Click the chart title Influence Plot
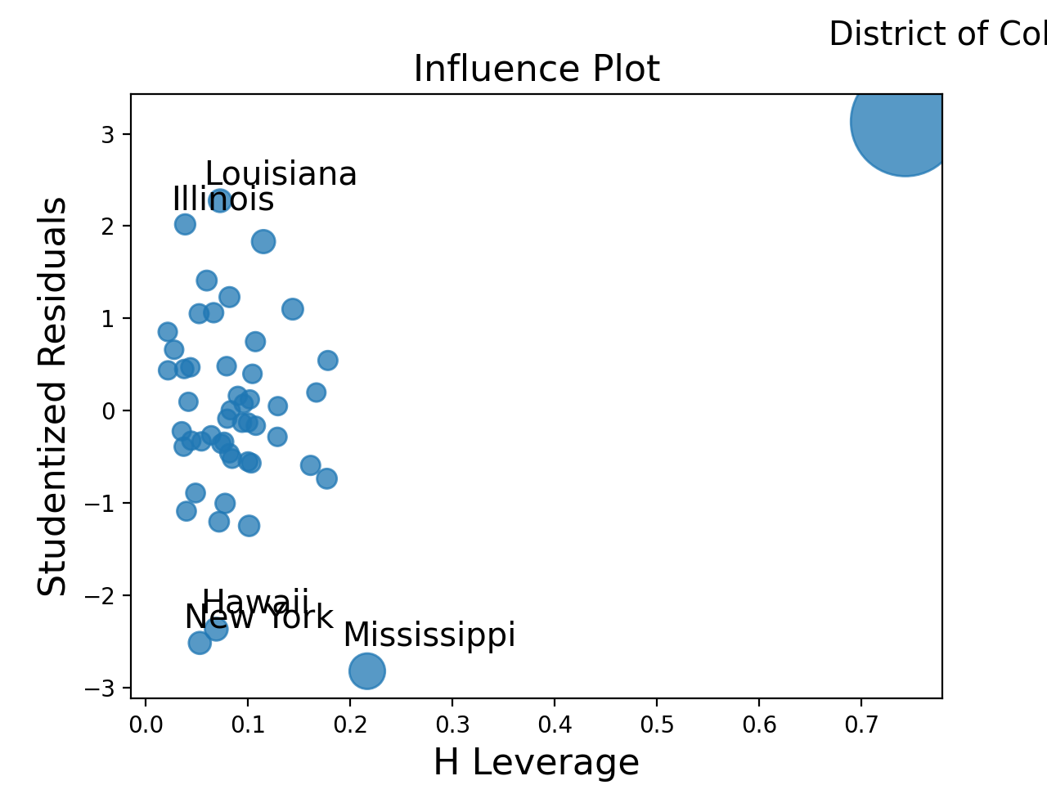click(536, 70)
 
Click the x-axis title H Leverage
click(536, 763)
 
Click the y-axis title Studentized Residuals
click(54, 397)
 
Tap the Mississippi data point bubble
click(367, 671)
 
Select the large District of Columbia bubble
click(900, 122)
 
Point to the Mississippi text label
click(429, 635)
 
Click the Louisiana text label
click(281, 174)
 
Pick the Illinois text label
click(222, 200)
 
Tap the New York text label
click(258, 618)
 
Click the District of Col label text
click(937, 34)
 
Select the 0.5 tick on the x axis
click(657, 723)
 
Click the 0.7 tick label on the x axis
click(861, 723)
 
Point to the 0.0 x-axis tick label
click(146, 723)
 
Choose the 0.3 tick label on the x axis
click(452, 723)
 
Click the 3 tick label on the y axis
click(107, 134)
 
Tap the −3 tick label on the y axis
click(100, 689)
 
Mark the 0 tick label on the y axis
click(107, 410)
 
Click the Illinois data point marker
click(185, 224)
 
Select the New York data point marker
click(200, 643)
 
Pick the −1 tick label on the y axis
click(100, 503)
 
